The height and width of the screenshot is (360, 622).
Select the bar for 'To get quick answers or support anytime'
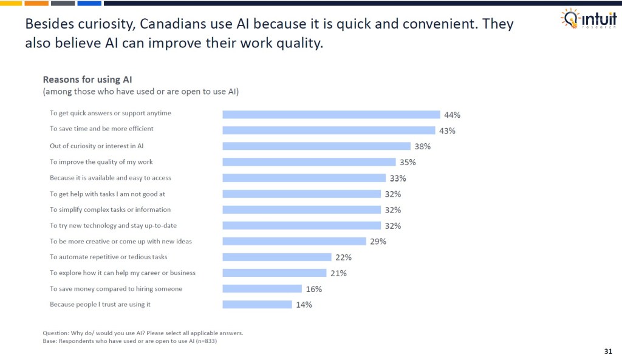[x=331, y=114]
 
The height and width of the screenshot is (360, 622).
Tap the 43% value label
[x=447, y=131]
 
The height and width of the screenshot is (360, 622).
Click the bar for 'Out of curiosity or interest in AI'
[x=316, y=146]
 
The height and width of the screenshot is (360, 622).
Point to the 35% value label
[x=408, y=162]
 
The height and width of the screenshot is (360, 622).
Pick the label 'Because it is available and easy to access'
[x=111, y=178]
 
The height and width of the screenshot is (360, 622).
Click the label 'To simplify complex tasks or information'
[x=110, y=209]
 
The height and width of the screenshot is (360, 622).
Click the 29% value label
[x=378, y=241]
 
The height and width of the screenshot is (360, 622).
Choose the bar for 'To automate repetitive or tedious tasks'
[x=277, y=257]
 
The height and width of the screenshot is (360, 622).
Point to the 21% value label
[x=339, y=273]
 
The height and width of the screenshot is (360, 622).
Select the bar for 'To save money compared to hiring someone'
[x=262, y=289]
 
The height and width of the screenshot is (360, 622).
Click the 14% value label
[x=304, y=305]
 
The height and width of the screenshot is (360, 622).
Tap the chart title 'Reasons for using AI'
[x=87, y=80]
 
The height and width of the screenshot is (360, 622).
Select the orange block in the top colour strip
[x=37, y=3]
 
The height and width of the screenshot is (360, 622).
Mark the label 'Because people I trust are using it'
[x=100, y=304]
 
